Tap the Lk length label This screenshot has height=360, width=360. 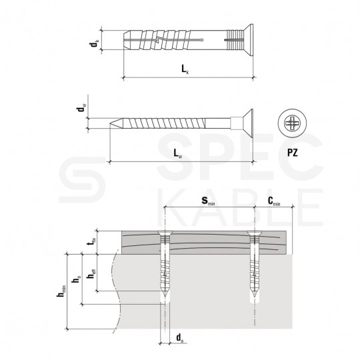click(x=185, y=69)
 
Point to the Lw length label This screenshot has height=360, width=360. click(x=178, y=153)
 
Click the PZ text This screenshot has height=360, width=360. click(x=292, y=153)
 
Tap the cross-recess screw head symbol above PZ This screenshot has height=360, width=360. click(x=292, y=123)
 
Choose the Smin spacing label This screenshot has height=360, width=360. click(x=208, y=201)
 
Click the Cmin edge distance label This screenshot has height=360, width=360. click(x=274, y=201)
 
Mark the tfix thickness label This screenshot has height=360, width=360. click(x=92, y=242)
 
